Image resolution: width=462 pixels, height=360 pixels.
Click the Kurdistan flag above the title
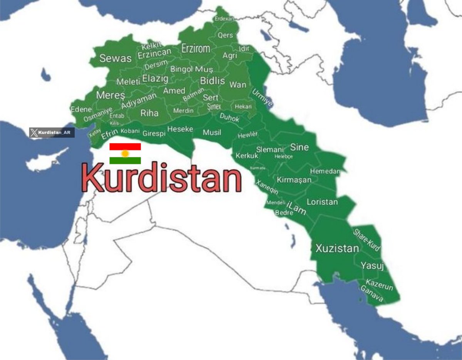[125, 153]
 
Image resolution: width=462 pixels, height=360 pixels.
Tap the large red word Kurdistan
[161, 177]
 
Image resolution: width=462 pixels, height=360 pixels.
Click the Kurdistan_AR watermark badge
[52, 133]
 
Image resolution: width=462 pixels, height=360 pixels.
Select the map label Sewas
[115, 58]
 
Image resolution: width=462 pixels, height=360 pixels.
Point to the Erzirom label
[196, 48]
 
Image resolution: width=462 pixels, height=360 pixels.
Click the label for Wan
[238, 84]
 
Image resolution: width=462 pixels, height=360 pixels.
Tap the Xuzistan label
[337, 248]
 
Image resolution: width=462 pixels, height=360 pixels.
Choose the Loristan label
[322, 202]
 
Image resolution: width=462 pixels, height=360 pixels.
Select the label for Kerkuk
[247, 156]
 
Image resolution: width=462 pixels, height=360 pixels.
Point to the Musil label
[212, 133]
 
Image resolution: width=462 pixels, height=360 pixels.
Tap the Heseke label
[180, 129]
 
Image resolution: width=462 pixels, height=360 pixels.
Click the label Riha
[149, 113]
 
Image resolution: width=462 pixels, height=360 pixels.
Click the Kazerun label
[379, 285]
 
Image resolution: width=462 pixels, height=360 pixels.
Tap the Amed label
[174, 91]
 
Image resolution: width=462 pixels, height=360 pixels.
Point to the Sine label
[299, 147]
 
